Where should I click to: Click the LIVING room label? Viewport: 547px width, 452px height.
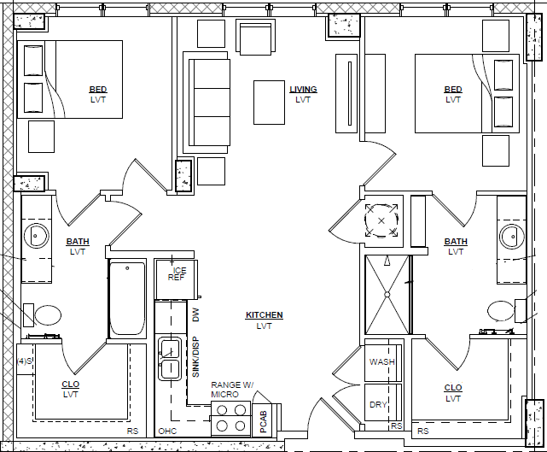[303, 90]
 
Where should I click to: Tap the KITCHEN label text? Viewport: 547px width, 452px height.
[264, 315]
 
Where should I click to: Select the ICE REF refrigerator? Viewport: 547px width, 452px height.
[176, 279]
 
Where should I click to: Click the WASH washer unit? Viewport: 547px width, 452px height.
[382, 362]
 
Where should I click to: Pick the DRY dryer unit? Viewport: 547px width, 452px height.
[382, 402]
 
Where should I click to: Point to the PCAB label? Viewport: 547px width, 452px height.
[264, 421]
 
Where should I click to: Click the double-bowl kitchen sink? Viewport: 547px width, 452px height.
[170, 358]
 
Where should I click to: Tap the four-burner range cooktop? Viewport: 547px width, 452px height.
[231, 418]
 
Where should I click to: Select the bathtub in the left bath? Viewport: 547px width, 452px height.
[127, 299]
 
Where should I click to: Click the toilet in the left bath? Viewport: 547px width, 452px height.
[43, 315]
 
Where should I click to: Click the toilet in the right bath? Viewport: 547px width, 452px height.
[507, 311]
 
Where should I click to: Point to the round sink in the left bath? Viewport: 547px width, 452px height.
[37, 236]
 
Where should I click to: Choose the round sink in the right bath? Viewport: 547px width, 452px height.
[512, 237]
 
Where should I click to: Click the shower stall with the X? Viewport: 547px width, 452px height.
[387, 295]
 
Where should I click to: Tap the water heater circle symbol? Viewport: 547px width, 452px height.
[381, 220]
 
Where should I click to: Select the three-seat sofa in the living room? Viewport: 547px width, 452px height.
[209, 103]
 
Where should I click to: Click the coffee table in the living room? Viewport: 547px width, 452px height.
[269, 103]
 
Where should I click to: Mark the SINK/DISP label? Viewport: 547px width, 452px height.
[195, 356]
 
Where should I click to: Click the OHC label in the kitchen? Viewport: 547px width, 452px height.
[167, 431]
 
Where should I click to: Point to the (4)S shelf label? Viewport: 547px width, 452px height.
[25, 361]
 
